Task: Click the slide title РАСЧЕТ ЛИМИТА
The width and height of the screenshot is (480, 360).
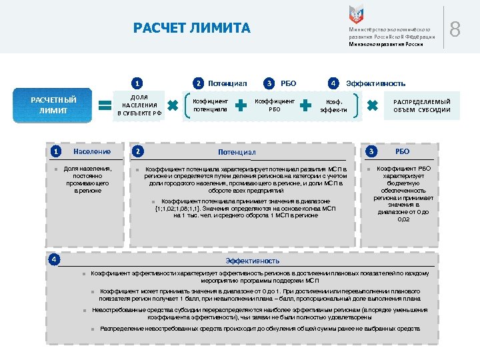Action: [192, 28]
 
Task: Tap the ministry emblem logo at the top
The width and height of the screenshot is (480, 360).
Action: [357, 15]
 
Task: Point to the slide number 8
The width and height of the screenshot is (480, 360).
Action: [455, 29]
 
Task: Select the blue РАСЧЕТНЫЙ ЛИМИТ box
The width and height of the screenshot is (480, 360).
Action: [54, 105]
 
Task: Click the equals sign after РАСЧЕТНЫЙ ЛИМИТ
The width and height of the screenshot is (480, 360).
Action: [105, 105]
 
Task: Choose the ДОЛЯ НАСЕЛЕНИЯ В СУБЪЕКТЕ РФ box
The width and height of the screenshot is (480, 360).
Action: [139, 105]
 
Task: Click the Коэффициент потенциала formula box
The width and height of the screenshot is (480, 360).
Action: [210, 105]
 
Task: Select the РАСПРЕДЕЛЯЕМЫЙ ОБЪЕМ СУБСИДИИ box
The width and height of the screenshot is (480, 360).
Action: [421, 105]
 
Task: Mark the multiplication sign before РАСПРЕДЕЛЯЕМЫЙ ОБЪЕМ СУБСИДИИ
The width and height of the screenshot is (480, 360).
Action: [373, 105]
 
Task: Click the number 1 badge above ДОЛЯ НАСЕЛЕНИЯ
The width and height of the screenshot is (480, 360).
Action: [137, 84]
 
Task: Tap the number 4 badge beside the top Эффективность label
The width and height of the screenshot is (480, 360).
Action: [332, 83]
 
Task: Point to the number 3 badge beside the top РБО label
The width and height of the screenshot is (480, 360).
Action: [269, 83]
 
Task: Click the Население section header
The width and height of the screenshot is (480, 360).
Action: [92, 152]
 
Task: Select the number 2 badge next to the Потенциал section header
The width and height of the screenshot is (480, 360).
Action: [137, 152]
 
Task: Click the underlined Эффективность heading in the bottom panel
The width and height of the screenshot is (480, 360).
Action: [253, 260]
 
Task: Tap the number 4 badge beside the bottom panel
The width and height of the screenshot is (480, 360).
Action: [55, 259]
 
